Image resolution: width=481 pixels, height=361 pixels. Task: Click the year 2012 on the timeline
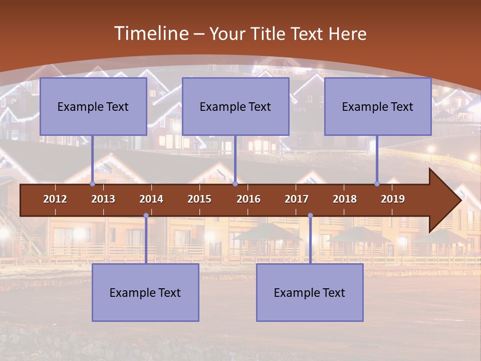point(55,199)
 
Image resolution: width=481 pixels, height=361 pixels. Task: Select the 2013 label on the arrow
point(103,199)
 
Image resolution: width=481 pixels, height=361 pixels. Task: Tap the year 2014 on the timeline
point(151,199)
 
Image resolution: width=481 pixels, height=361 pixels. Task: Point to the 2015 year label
point(199,199)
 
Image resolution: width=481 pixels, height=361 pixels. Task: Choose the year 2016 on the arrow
point(249,199)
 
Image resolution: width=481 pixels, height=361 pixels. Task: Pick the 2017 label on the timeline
point(297,199)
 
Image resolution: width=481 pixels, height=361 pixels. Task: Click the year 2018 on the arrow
point(345,199)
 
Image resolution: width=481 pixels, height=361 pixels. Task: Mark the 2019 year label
point(393,199)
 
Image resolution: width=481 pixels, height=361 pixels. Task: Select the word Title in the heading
point(269,34)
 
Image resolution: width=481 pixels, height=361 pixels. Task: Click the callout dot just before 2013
point(92,184)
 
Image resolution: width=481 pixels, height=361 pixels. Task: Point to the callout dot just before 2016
point(235,184)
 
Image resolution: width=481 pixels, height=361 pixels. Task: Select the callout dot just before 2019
point(377,184)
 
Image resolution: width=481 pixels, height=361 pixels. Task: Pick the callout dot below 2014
point(146,216)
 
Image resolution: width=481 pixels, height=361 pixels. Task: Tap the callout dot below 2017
point(310,216)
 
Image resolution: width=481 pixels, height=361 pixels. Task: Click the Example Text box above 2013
point(93,107)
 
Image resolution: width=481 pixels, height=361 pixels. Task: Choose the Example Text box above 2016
point(235,107)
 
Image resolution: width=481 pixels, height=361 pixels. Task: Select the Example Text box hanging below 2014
point(145,293)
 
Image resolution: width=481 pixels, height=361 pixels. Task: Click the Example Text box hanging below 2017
point(310,293)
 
